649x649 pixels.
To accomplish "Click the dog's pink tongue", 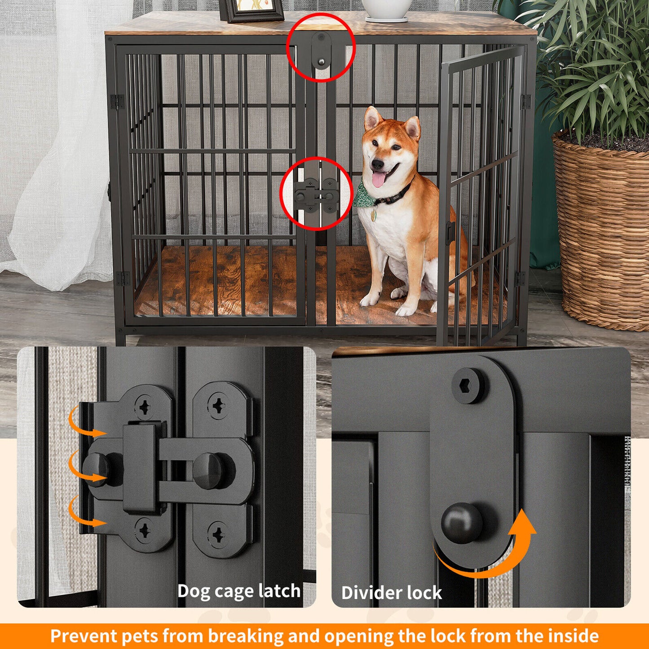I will (x=379, y=180).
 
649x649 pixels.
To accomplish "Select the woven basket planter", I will (x=602, y=234).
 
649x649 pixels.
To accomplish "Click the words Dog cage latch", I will (x=238, y=591).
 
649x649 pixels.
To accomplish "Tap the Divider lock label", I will (x=392, y=593).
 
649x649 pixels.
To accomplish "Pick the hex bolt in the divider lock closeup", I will (x=468, y=386).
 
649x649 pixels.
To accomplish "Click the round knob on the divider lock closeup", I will (x=461, y=523).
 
